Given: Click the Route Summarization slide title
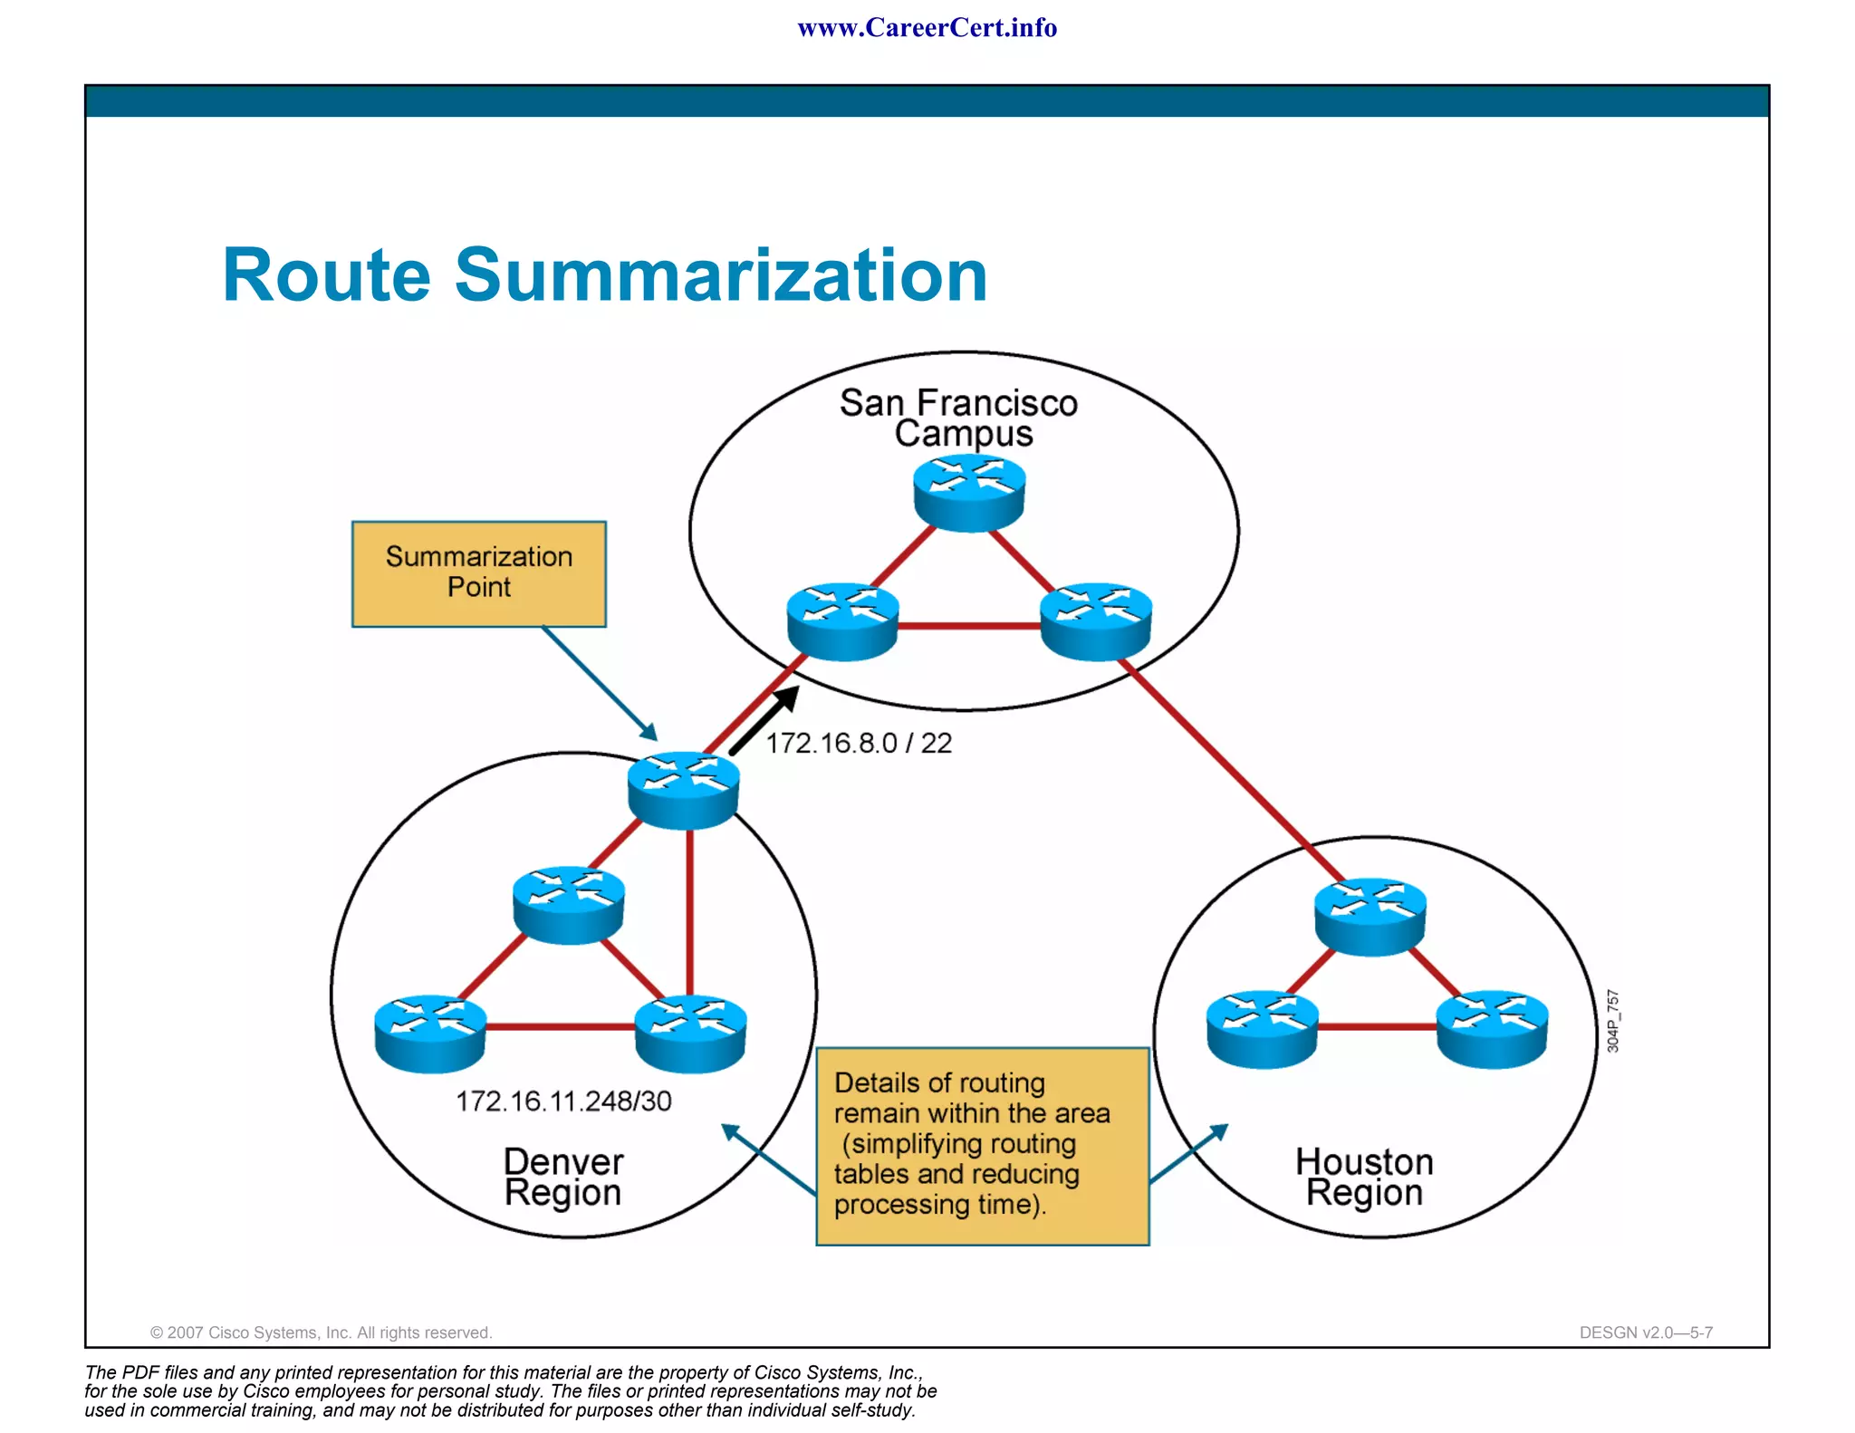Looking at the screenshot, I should click(x=604, y=275).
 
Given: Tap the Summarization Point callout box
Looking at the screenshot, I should click(x=478, y=572).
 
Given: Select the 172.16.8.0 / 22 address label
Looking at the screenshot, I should click(x=859, y=743).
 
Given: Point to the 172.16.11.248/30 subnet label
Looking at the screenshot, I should click(x=563, y=1101).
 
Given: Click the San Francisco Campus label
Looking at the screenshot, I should click(x=959, y=418).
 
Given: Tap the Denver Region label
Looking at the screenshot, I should click(x=562, y=1177).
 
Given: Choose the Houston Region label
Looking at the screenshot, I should click(x=1364, y=1177).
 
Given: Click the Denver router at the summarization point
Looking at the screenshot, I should click(x=684, y=790).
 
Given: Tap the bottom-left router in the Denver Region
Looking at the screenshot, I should click(x=430, y=1034).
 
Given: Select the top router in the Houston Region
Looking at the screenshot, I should click(x=1370, y=916).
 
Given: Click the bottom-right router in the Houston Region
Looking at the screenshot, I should click(x=1492, y=1029).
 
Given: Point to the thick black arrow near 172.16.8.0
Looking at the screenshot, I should click(x=764, y=720).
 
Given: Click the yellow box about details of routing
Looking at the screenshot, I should click(x=982, y=1146).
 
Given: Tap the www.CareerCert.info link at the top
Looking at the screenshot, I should click(x=927, y=28).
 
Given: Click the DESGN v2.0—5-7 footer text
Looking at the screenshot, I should click(x=1645, y=1332).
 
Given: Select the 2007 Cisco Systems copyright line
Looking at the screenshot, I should click(x=321, y=1332).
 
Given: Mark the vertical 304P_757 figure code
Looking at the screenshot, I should click(x=1612, y=1021).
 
